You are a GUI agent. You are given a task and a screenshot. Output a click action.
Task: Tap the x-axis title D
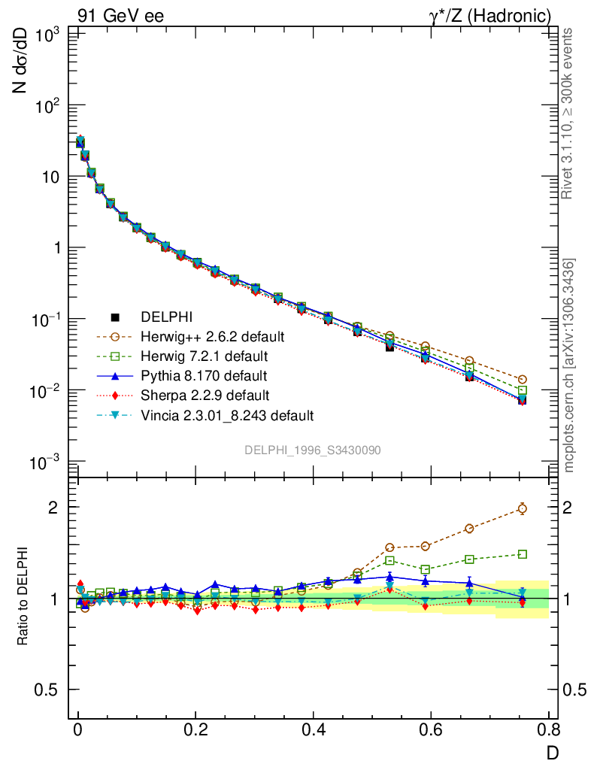(551, 751)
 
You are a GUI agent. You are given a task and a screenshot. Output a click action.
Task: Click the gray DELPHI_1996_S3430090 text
(312, 450)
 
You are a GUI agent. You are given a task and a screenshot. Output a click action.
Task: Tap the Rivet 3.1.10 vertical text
(568, 113)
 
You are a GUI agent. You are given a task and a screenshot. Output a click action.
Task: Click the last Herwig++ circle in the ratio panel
(523, 508)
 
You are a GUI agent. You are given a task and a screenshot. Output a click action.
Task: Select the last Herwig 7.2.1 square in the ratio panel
(523, 554)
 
